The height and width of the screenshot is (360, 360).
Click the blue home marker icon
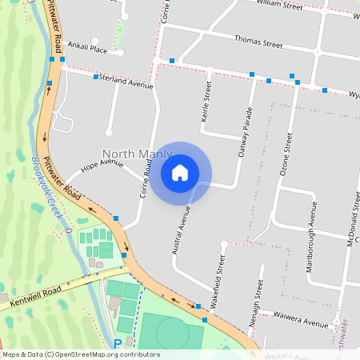point(180,173)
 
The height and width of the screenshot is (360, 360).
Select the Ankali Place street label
point(87,47)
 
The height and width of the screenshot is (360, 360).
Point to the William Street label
point(280,6)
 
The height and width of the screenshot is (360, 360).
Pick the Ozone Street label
point(285,155)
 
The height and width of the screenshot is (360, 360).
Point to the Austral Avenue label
point(182,231)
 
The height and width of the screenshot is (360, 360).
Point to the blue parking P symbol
point(118,343)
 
